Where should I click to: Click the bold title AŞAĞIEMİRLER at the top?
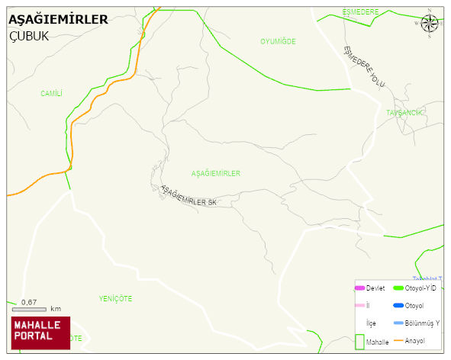point(58,20)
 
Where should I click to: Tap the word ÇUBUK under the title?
point(29,36)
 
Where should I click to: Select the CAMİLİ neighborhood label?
point(51,93)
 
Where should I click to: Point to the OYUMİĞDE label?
point(278,41)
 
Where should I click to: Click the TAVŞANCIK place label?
point(404,113)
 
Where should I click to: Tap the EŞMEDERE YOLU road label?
point(365,66)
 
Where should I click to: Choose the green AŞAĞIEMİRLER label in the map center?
point(215,174)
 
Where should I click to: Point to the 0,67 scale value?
point(29,303)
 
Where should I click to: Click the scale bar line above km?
point(29,309)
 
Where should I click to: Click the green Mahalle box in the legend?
point(360,342)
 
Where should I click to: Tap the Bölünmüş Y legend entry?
point(422,323)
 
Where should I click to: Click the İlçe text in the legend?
point(371,323)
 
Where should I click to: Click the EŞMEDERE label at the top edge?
point(360,12)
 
